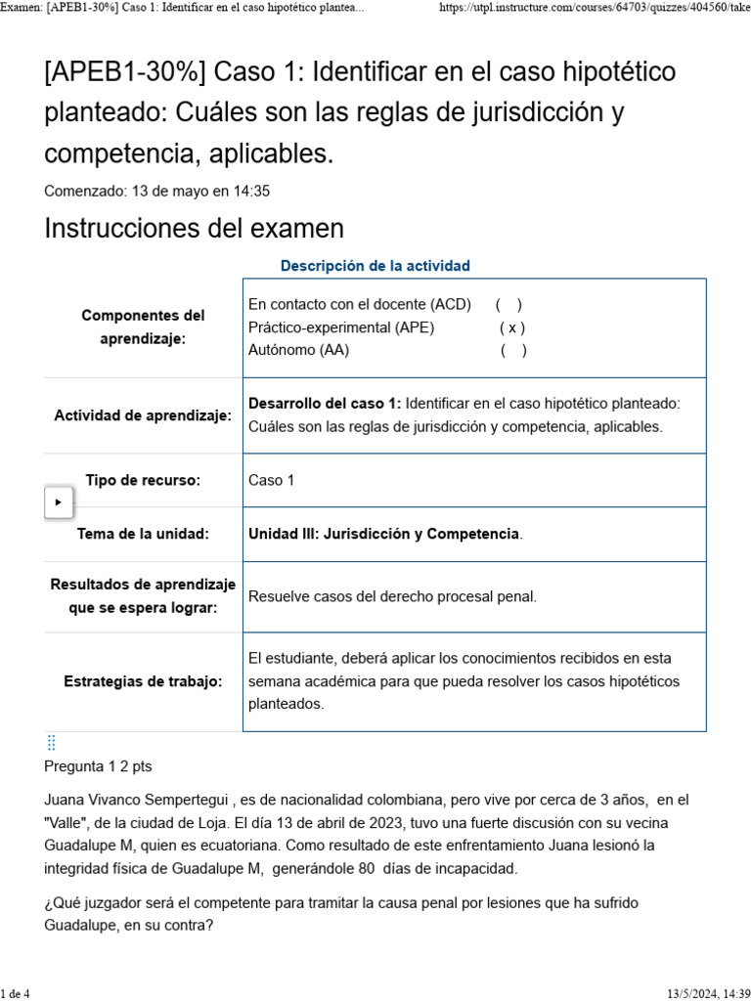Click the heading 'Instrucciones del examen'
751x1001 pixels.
195,229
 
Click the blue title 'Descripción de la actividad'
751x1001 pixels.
375,266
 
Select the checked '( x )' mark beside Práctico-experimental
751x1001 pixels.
511,327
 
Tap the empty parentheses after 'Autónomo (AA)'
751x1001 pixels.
513,350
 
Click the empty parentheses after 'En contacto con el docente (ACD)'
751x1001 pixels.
508,305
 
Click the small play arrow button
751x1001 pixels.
59,501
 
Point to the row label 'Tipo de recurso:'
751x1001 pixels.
143,480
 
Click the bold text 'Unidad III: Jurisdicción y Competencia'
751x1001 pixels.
383,534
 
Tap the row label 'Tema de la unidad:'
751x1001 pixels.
143,534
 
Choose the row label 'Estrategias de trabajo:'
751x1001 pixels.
143,681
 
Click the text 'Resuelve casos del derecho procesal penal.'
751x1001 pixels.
392,596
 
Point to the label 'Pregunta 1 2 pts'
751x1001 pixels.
98,766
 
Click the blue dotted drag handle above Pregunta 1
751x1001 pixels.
52,743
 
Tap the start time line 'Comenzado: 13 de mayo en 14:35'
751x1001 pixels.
157,191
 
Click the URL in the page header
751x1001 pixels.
595,8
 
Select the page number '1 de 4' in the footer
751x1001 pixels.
16,993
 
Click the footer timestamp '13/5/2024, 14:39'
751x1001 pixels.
708,993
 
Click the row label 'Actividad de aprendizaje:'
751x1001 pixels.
143,415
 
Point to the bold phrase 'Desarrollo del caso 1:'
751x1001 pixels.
325,404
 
